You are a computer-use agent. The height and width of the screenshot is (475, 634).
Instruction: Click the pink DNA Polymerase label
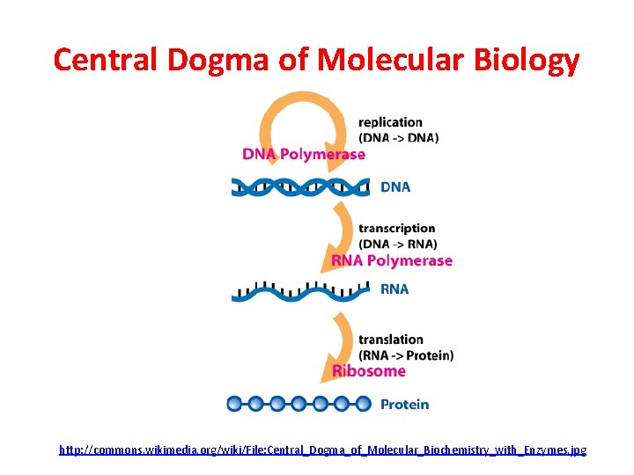(304, 155)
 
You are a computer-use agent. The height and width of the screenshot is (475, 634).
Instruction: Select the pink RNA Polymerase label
(392, 260)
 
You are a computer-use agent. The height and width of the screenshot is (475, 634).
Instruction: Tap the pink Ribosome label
(369, 371)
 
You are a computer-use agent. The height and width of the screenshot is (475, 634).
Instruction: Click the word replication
(390, 122)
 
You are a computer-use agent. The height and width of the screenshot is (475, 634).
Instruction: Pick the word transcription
(396, 229)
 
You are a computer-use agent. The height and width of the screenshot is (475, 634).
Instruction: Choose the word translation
(391, 340)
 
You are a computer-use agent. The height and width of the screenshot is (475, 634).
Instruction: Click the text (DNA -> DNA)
(398, 137)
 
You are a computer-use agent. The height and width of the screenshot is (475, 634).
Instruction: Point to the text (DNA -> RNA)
(397, 244)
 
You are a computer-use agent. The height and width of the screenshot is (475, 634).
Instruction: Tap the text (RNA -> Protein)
(406, 355)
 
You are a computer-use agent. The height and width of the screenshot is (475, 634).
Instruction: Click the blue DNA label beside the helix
(395, 186)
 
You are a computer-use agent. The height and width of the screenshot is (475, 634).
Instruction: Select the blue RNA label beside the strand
(394, 289)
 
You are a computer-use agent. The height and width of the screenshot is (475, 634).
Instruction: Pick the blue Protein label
(404, 405)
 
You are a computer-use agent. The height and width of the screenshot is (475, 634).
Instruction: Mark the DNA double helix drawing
(300, 186)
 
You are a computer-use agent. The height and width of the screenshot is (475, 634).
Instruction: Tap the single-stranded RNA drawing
(300, 292)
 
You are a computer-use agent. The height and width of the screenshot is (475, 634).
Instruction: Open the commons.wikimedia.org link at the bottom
(322, 450)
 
